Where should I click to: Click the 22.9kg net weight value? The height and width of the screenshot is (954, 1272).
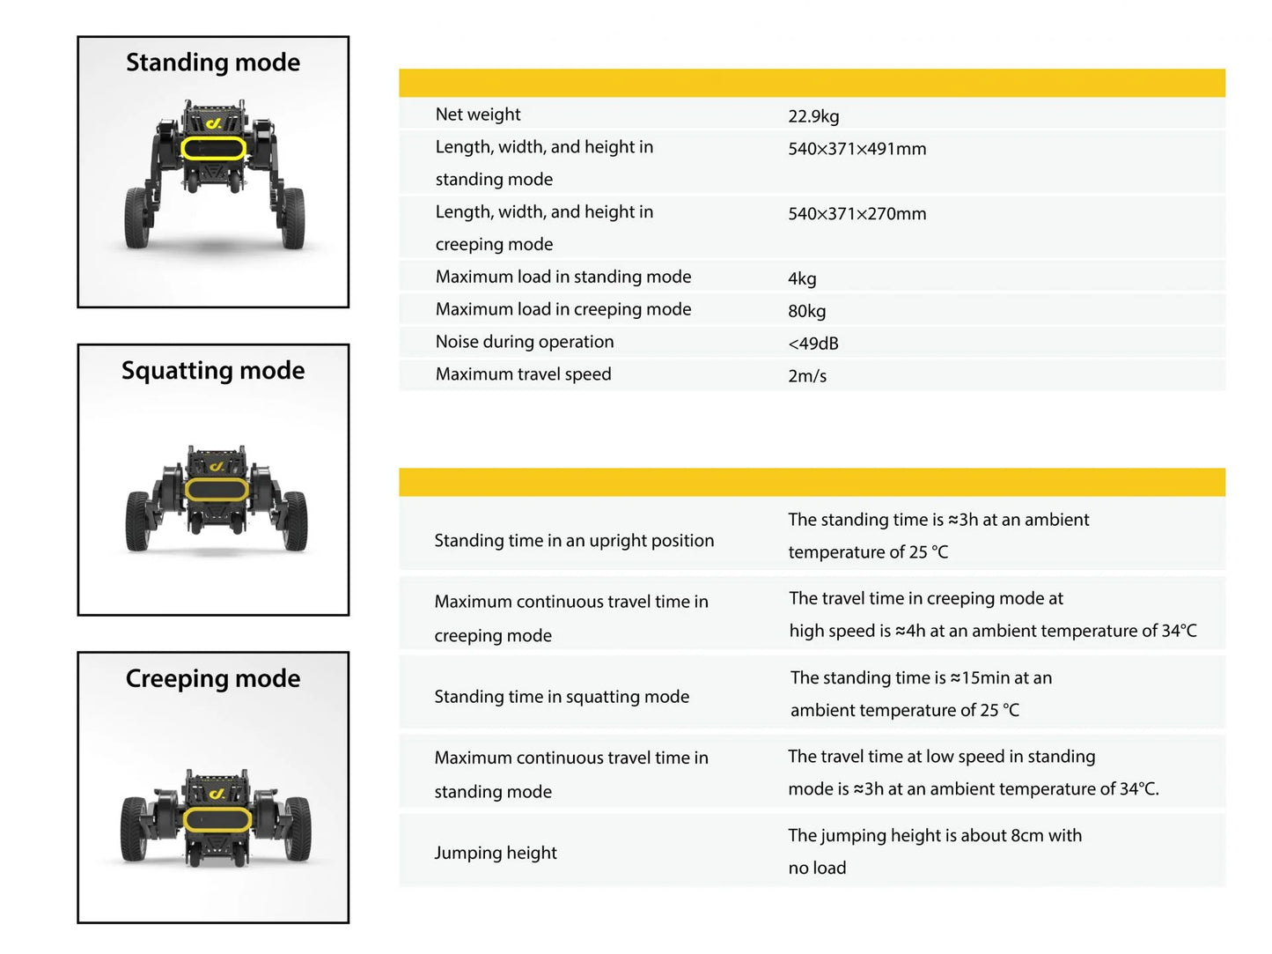[x=813, y=116]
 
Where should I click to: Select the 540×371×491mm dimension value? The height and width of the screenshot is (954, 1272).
[x=857, y=149]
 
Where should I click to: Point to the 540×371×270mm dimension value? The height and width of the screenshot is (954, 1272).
[x=857, y=214]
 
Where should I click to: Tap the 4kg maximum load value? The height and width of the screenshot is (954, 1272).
[x=802, y=279]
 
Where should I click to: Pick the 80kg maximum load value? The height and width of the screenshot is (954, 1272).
[x=806, y=311]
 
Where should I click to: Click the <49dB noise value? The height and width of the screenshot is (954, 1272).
[x=812, y=344]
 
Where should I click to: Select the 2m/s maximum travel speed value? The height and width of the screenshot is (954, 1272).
[x=807, y=376]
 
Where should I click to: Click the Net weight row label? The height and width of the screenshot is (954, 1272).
[x=478, y=115]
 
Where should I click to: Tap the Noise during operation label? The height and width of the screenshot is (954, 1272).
[x=525, y=342]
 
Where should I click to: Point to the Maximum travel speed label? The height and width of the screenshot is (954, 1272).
[x=523, y=374]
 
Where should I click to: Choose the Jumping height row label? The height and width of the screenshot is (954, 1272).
[x=496, y=853]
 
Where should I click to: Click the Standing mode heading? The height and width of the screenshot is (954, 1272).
[x=213, y=63]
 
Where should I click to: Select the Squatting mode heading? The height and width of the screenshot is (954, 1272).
[x=213, y=371]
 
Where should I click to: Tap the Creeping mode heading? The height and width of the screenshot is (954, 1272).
[x=213, y=678]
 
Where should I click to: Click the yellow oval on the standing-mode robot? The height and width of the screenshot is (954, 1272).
[x=213, y=148]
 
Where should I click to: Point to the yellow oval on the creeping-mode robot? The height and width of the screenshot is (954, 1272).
[x=217, y=819]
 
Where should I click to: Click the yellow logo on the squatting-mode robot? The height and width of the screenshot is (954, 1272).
[x=217, y=466]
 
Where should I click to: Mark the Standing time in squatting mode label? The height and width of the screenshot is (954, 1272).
[x=562, y=697]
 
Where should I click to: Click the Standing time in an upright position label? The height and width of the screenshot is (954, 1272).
[x=574, y=541]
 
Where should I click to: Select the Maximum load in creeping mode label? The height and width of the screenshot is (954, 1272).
[x=563, y=309]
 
